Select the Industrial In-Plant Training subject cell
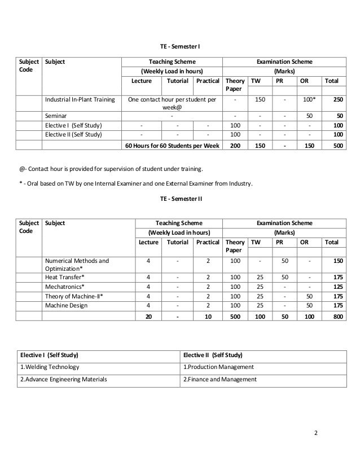[79, 100]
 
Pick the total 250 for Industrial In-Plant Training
[336, 100]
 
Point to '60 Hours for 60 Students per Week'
[173, 146]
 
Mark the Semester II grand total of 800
[336, 317]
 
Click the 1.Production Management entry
[218, 367]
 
